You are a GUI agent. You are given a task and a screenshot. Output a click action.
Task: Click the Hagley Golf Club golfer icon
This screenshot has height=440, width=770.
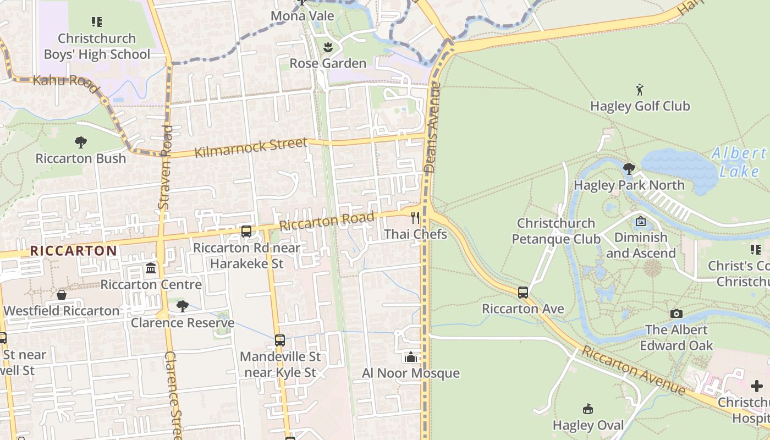(639, 90)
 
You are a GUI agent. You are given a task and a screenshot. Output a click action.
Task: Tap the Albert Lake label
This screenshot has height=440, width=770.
(739, 162)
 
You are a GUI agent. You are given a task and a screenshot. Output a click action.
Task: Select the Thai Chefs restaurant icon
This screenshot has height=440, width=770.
(415, 218)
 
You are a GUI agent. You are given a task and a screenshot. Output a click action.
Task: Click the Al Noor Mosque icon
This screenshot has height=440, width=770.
(410, 358)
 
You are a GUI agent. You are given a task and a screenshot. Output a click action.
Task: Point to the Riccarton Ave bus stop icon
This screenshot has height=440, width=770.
(522, 293)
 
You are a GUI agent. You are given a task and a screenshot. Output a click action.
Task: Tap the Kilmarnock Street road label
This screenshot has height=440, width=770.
(251, 148)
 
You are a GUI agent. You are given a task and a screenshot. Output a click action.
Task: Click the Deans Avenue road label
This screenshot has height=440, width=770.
(432, 128)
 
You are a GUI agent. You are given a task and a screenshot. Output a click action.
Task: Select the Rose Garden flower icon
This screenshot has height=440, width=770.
(328, 47)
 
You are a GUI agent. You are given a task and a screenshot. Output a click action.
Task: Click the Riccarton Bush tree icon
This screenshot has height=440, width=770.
(81, 142)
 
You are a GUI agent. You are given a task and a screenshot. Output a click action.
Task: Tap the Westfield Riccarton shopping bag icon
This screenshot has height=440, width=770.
(62, 295)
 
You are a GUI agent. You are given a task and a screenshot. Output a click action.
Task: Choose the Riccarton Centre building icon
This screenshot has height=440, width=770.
(151, 269)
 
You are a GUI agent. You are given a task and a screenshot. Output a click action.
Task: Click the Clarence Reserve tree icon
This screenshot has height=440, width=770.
(183, 306)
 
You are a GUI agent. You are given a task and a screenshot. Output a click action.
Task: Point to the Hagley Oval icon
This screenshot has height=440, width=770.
(588, 409)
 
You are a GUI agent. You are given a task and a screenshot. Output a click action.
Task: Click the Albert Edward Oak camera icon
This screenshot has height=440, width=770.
(676, 313)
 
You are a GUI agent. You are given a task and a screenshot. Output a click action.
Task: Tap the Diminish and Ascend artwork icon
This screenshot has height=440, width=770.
(641, 222)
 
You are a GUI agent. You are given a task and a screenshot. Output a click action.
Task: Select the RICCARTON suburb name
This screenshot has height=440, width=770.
(73, 251)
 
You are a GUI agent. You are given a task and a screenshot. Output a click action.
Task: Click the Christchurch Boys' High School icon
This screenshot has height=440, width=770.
(97, 22)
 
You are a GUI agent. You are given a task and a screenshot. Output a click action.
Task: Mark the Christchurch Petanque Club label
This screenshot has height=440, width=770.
(556, 231)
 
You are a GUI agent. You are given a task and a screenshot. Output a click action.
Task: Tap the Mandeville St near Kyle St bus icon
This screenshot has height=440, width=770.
(280, 340)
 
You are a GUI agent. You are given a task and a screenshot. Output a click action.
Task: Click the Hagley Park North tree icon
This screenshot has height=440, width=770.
(629, 168)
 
